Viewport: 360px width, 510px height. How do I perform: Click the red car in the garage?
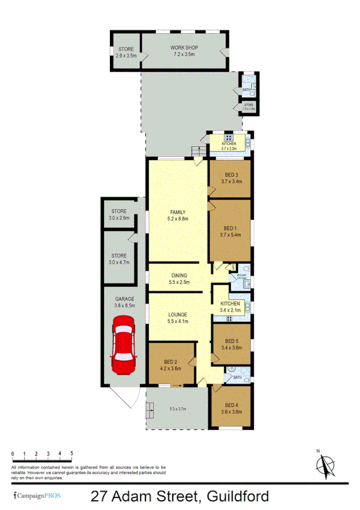pos(123,345)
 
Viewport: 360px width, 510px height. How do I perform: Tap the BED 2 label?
pos(170,361)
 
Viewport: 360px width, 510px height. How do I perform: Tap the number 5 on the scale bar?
pos(72,453)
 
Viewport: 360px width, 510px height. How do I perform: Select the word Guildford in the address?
pos(237,496)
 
